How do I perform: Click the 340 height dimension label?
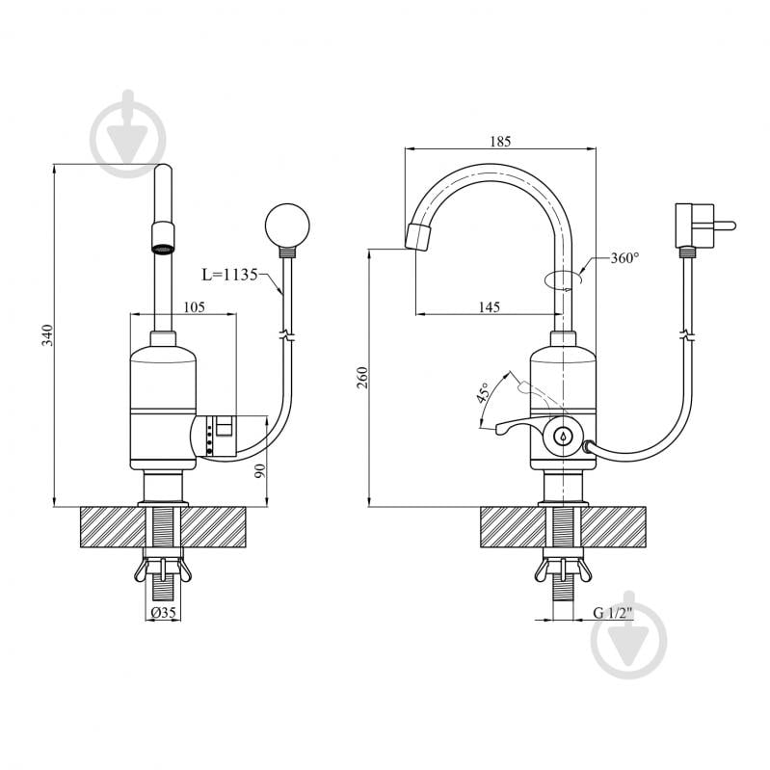47,335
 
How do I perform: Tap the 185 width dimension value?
500,142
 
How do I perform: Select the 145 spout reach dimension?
490,306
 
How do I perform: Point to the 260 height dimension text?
362,377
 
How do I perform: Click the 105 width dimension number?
194,306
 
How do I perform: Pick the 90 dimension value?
260,471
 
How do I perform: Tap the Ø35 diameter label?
164,613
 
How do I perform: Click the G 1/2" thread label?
613,613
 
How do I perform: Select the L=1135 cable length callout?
229,275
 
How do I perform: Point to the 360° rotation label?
624,258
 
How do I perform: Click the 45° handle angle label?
483,393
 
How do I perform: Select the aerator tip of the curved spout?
419,237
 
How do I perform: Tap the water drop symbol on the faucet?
562,435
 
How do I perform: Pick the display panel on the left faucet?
220,434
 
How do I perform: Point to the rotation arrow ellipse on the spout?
563,279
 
